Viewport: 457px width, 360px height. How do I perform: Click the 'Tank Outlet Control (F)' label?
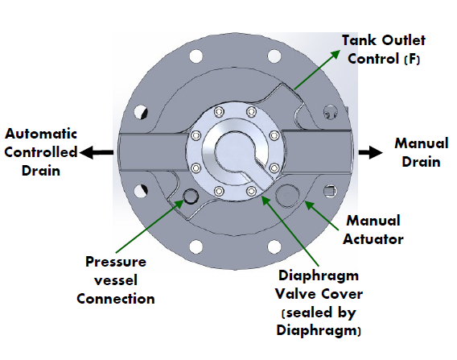click(x=384, y=50)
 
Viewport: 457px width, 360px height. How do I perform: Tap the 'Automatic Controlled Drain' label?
click(x=41, y=152)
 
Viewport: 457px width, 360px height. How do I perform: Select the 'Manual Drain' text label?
click(x=422, y=152)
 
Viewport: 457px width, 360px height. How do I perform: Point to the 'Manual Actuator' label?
click(x=373, y=230)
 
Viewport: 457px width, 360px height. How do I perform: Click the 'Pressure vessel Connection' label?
click(x=116, y=280)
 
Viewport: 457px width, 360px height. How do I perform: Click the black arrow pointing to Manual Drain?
click(x=370, y=152)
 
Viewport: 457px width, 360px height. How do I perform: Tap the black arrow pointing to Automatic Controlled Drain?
click(x=97, y=152)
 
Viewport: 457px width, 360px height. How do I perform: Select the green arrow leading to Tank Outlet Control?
click(x=317, y=70)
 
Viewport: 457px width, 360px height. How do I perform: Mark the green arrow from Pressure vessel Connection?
click(x=150, y=226)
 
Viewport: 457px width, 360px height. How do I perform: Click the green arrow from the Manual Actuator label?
click(x=322, y=216)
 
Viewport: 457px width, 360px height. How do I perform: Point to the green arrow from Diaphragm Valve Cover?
click(x=290, y=230)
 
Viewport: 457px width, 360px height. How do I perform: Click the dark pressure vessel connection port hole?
click(x=191, y=196)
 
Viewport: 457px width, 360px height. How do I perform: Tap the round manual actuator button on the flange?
click(x=288, y=195)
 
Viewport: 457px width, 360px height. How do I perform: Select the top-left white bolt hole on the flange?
click(x=196, y=56)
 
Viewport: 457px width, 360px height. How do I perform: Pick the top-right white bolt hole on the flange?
click(x=274, y=56)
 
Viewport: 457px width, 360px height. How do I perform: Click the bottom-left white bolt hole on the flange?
click(x=196, y=246)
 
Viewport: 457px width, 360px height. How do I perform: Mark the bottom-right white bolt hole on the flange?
click(x=274, y=246)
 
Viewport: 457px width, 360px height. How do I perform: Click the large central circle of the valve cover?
click(x=236, y=152)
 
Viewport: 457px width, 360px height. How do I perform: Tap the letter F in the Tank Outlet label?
click(x=413, y=60)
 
